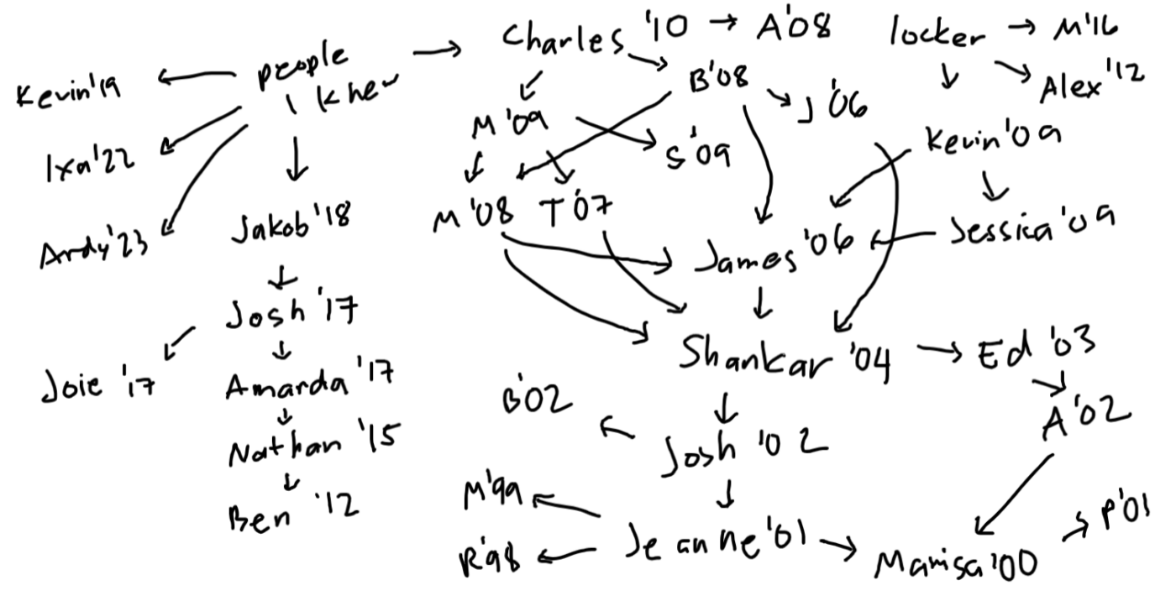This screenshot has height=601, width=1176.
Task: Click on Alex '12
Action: click(1090, 84)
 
